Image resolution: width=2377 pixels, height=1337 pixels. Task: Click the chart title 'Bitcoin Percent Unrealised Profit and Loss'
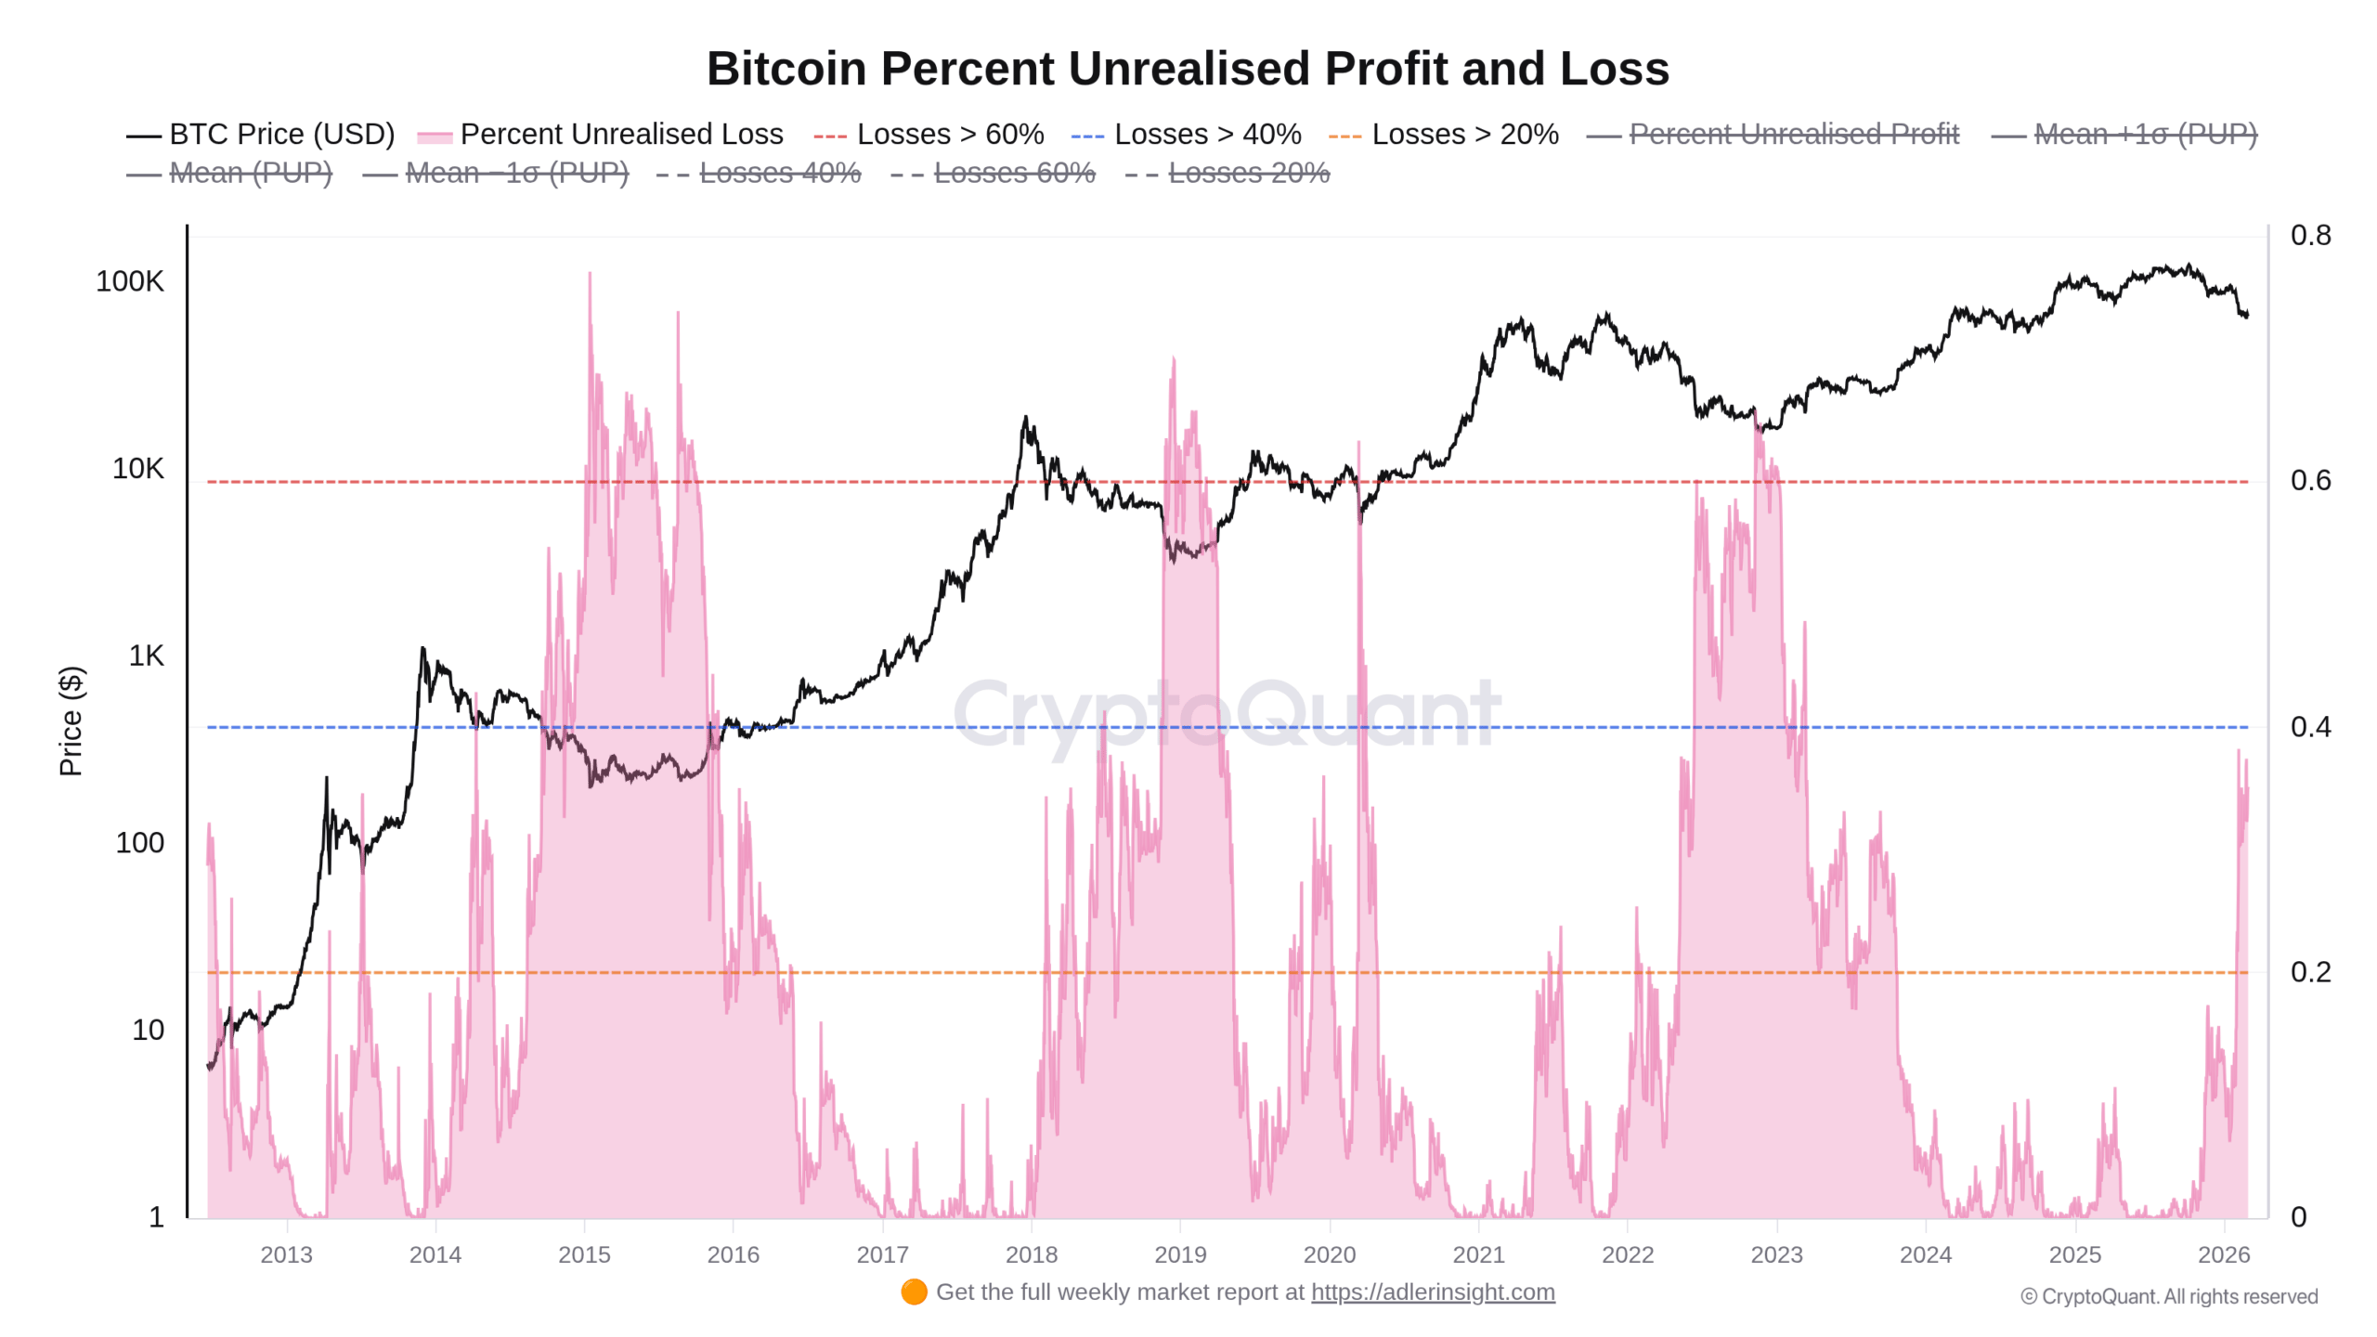click(x=1188, y=69)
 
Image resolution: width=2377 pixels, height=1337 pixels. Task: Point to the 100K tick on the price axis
click(x=130, y=281)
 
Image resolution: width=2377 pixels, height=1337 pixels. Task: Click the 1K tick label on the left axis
click(x=146, y=656)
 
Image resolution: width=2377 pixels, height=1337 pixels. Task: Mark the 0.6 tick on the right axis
click(x=2310, y=481)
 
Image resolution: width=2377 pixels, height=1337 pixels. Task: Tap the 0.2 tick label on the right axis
click(x=2310, y=972)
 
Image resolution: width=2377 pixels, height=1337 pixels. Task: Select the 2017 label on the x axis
click(x=882, y=1255)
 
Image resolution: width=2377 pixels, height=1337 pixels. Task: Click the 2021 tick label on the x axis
click(x=1478, y=1255)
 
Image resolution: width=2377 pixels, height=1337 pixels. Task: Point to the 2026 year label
click(x=2224, y=1255)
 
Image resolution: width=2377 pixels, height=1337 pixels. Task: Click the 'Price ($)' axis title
click(x=71, y=720)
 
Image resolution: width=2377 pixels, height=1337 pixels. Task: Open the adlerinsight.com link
click(x=1433, y=1292)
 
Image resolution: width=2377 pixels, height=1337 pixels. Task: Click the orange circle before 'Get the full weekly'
click(x=914, y=1292)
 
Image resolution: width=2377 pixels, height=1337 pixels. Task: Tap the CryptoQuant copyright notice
click(x=2169, y=1297)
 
